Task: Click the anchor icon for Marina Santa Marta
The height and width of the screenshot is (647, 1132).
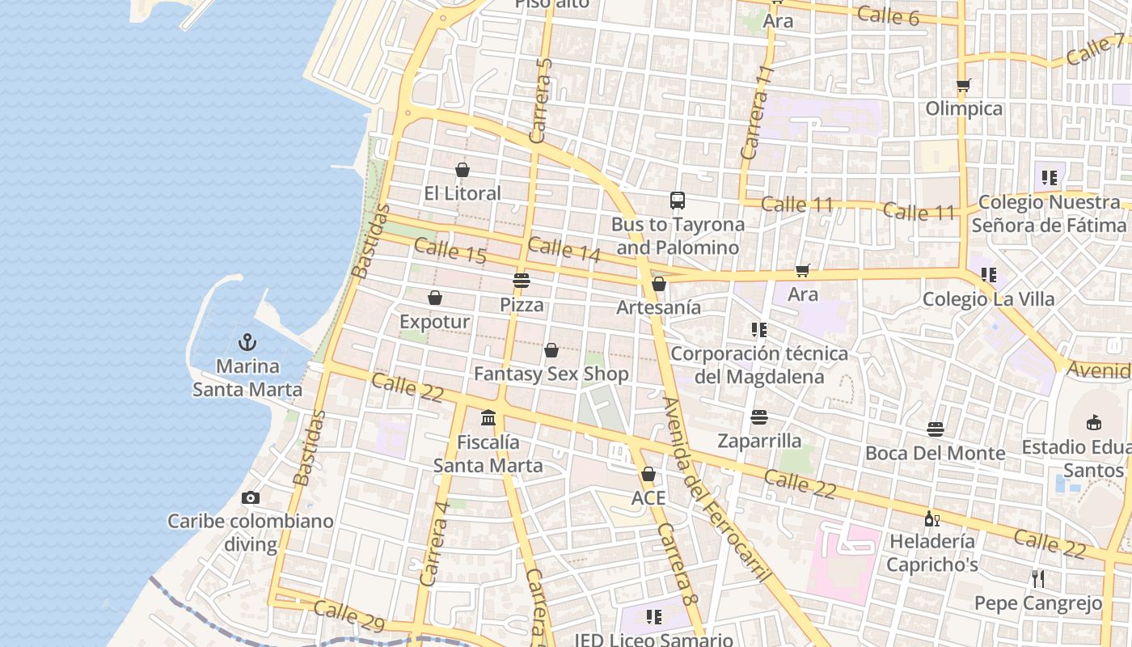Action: tap(247, 342)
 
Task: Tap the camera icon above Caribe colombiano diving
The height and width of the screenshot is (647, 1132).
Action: tap(251, 497)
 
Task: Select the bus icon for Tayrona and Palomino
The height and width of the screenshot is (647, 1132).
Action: tap(678, 201)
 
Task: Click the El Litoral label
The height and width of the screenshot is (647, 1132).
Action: tap(463, 193)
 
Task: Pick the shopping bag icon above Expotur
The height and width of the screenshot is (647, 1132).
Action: tap(435, 298)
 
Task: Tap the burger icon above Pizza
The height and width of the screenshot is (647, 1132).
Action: tap(522, 281)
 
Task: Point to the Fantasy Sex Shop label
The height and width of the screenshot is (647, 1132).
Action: tap(551, 374)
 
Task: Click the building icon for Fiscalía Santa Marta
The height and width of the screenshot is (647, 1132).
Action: tap(488, 418)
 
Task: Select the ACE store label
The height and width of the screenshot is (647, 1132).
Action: tap(648, 497)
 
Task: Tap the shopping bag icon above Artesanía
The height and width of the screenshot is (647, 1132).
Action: tap(659, 284)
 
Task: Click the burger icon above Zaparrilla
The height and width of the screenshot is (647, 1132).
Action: tap(758, 417)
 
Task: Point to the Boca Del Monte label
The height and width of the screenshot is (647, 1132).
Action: tap(936, 453)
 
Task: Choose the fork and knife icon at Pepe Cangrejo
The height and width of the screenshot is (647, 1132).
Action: tap(1038, 579)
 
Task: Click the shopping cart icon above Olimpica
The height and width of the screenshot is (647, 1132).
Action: tap(963, 85)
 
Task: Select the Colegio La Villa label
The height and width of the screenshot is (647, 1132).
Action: tap(988, 299)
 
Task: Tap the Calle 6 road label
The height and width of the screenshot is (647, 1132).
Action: tap(888, 15)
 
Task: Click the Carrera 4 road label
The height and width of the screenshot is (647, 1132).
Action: tap(434, 543)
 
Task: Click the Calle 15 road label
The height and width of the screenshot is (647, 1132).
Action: tap(450, 250)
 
